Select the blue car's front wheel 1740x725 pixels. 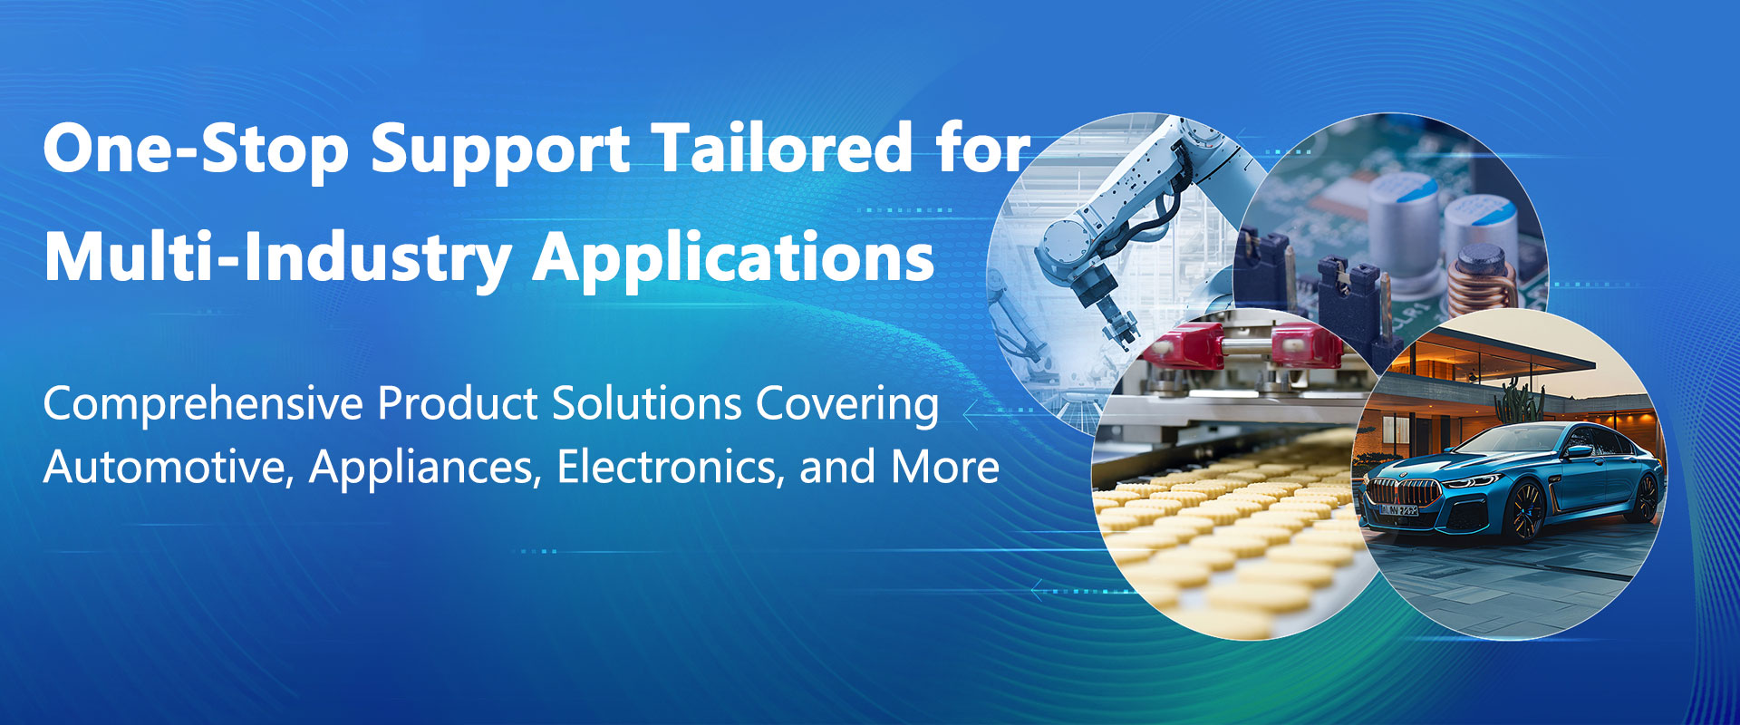tap(1524, 512)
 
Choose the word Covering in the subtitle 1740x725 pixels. tap(848, 404)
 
